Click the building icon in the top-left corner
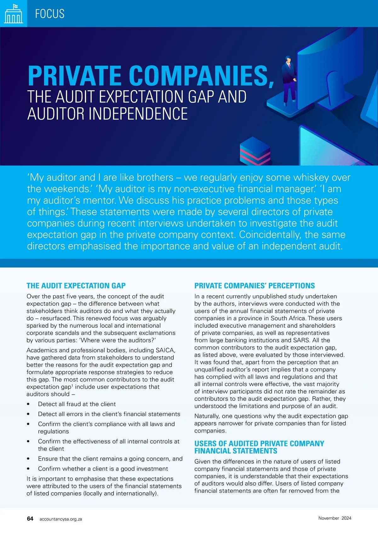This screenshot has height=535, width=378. (13, 14)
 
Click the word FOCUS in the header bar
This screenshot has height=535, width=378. (50, 14)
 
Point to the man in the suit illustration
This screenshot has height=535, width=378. (289, 80)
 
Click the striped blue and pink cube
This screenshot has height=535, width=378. (255, 151)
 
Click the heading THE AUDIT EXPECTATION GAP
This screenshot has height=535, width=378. (76, 286)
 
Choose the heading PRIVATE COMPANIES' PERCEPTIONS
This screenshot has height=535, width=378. (255, 286)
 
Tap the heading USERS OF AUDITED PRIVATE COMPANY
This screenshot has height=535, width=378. (259, 444)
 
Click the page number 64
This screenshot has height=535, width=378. (30, 519)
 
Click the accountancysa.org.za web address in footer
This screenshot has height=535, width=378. (61, 519)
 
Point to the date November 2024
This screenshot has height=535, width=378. (335, 518)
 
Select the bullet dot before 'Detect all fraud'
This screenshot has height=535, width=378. (28, 404)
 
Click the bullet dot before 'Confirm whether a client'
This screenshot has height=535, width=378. (28, 469)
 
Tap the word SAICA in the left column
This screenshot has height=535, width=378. (165, 350)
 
